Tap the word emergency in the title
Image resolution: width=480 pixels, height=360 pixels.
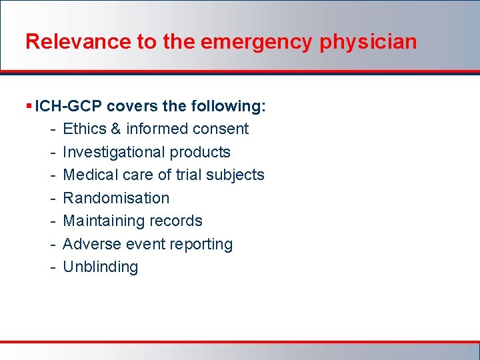[256, 42]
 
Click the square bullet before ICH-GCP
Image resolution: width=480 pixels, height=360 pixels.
[29, 106]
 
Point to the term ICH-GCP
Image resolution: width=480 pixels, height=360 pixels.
[69, 106]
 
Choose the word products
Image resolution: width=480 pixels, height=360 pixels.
[200, 152]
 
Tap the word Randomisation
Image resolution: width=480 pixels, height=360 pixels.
[116, 198]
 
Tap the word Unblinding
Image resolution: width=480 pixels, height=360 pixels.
[101, 267]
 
